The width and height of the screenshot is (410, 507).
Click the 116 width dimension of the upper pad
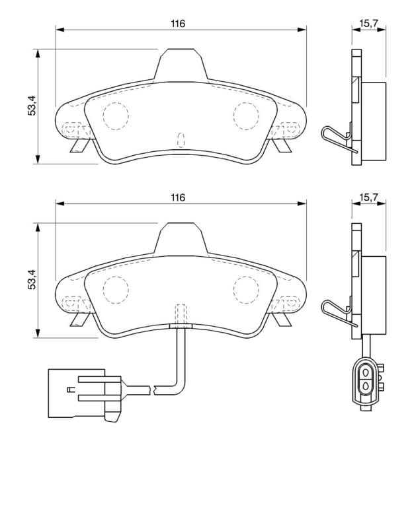(x=178, y=24)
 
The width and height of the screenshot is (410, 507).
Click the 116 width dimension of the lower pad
(x=178, y=197)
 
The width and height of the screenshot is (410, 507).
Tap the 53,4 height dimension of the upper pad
(x=32, y=106)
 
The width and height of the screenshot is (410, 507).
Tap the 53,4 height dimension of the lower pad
(x=32, y=279)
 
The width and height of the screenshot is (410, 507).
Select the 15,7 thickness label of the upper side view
(x=368, y=24)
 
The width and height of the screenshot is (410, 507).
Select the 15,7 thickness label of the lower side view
(x=368, y=197)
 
